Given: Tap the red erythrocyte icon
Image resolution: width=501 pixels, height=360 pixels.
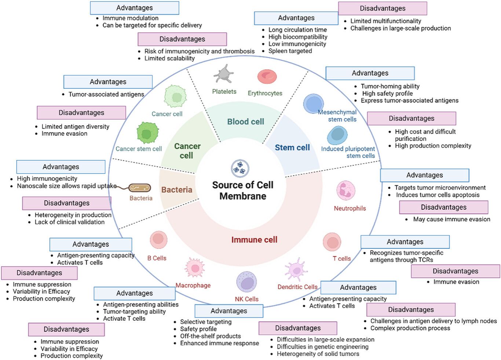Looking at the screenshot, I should [x=267, y=77].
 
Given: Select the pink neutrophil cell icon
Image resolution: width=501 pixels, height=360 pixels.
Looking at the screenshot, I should [x=345, y=190].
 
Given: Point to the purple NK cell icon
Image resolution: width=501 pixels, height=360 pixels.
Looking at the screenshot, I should [x=246, y=282].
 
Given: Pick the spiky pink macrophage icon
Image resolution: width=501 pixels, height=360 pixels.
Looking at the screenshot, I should [x=195, y=268].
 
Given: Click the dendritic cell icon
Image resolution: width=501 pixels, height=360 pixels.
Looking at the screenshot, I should [x=296, y=270].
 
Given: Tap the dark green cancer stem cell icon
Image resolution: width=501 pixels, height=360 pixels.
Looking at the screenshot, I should [x=147, y=133].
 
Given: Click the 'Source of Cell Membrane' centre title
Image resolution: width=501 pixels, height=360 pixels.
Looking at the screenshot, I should [x=243, y=190].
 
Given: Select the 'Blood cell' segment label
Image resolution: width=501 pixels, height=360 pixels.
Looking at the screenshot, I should [x=245, y=121].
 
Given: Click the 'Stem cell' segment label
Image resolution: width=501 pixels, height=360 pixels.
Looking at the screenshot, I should [x=292, y=148].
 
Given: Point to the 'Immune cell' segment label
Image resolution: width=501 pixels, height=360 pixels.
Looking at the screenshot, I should [x=254, y=240].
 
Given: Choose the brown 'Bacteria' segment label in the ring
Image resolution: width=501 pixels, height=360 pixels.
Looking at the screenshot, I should [x=177, y=190].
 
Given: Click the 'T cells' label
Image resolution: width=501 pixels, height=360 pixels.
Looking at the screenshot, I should [x=341, y=259].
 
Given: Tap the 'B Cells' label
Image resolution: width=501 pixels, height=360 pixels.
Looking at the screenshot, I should [x=157, y=258].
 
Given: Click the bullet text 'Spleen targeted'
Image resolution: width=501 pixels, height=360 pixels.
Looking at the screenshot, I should [x=290, y=51].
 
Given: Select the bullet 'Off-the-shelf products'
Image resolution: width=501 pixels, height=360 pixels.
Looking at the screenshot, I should [x=210, y=336].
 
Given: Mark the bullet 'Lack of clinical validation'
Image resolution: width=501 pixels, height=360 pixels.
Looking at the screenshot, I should [x=69, y=222].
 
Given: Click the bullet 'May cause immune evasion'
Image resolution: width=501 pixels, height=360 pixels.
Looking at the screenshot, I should [x=451, y=219].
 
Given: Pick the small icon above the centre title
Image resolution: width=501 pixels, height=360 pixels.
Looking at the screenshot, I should [x=240, y=168].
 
